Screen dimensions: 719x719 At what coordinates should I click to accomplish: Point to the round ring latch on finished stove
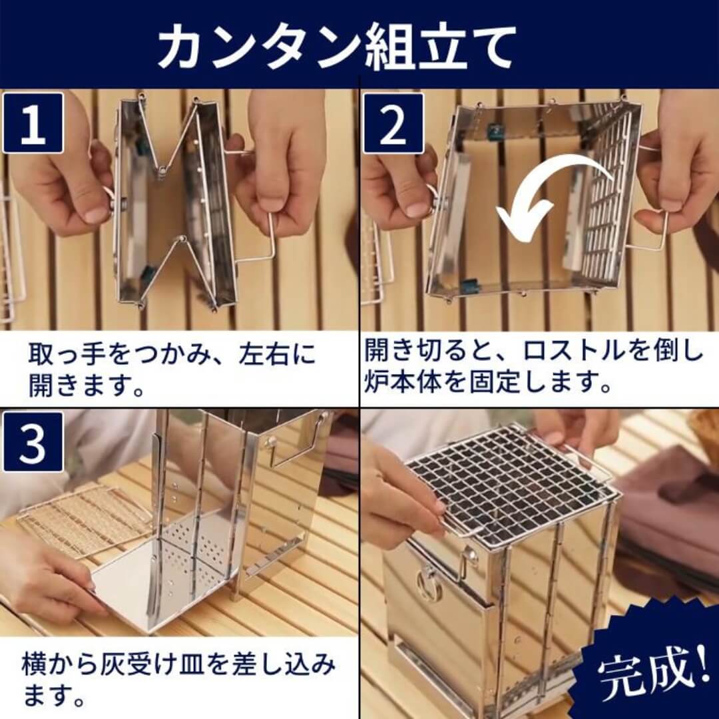pyautogui.click(x=428, y=586)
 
